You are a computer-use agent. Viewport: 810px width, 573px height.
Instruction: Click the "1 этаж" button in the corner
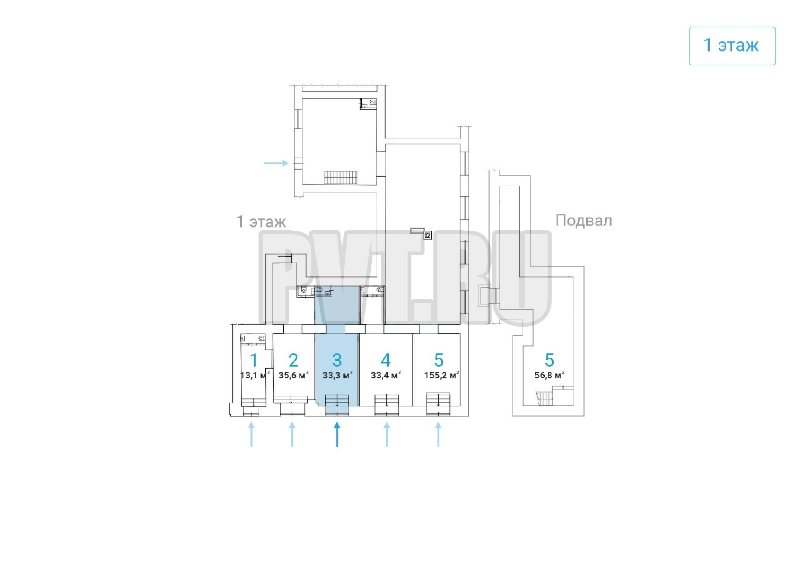point(731,46)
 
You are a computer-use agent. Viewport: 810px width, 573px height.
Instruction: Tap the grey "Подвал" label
point(583,220)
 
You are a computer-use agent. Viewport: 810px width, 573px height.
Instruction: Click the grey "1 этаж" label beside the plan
point(261,221)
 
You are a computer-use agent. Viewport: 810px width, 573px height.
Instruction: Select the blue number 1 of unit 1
point(254,360)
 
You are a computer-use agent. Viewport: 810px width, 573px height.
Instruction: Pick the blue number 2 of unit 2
point(293,360)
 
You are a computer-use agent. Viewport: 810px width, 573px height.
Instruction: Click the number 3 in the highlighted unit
point(337,360)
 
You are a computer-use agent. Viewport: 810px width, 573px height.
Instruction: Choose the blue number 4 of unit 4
point(386,360)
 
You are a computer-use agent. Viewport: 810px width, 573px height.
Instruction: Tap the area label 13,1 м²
point(255,375)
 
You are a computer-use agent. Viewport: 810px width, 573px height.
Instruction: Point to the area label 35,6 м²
point(293,375)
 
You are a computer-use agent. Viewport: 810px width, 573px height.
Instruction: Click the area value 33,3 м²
point(337,375)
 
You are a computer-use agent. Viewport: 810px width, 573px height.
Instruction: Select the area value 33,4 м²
point(386,375)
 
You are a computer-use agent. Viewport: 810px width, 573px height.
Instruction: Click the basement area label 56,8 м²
point(550,375)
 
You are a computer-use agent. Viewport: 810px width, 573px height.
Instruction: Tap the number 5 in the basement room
point(550,360)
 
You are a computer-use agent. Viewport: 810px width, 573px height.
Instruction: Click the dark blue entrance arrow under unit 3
point(337,434)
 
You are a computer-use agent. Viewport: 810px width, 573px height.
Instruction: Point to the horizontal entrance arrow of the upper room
point(276,163)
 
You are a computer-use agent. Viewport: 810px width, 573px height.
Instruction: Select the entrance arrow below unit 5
point(438,434)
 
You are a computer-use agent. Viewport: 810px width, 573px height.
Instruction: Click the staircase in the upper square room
point(341,177)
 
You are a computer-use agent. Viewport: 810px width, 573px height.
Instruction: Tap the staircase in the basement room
point(545,398)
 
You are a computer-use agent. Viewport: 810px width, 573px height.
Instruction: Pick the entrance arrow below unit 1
point(251,434)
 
